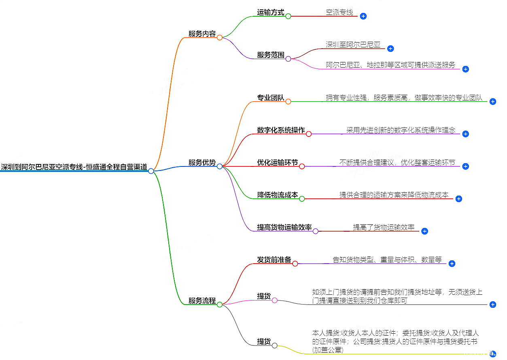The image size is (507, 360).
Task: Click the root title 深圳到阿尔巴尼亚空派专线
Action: pyautogui.click(x=74, y=167)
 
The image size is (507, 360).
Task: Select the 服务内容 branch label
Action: pyautogui.click(x=202, y=34)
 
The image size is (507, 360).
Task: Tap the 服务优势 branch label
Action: pyautogui.click(x=202, y=162)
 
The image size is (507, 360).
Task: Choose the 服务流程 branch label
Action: pyautogui.click(x=202, y=300)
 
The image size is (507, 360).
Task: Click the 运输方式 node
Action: pyautogui.click(x=271, y=12)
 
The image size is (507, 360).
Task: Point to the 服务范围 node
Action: pyautogui.click(x=271, y=55)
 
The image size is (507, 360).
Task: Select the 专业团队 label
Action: pyautogui.click(x=271, y=98)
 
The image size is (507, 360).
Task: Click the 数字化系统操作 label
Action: pyautogui.click(x=281, y=130)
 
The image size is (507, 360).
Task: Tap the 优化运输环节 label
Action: pyautogui.click(x=278, y=162)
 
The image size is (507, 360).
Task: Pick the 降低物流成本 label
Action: pyautogui.click(x=278, y=195)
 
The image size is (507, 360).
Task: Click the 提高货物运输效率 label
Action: pyautogui.click(x=284, y=227)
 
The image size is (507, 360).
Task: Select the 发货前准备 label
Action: pyautogui.click(x=274, y=260)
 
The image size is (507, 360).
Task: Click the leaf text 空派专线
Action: pyautogui.click(x=339, y=12)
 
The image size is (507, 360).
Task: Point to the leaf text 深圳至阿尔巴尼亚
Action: pyautogui.click(x=353, y=45)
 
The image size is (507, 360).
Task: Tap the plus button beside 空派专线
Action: pyautogui.click(x=363, y=16)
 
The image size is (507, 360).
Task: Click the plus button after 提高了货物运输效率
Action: pyautogui.click(x=424, y=231)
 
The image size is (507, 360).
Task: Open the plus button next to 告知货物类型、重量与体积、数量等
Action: pyautogui.click(x=452, y=264)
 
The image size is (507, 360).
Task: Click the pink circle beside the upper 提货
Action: pyautogui.click(x=275, y=300)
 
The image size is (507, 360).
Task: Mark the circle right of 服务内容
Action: pyautogui.click(x=220, y=38)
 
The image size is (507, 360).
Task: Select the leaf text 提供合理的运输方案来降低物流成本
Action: pyautogui.click(x=394, y=195)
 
